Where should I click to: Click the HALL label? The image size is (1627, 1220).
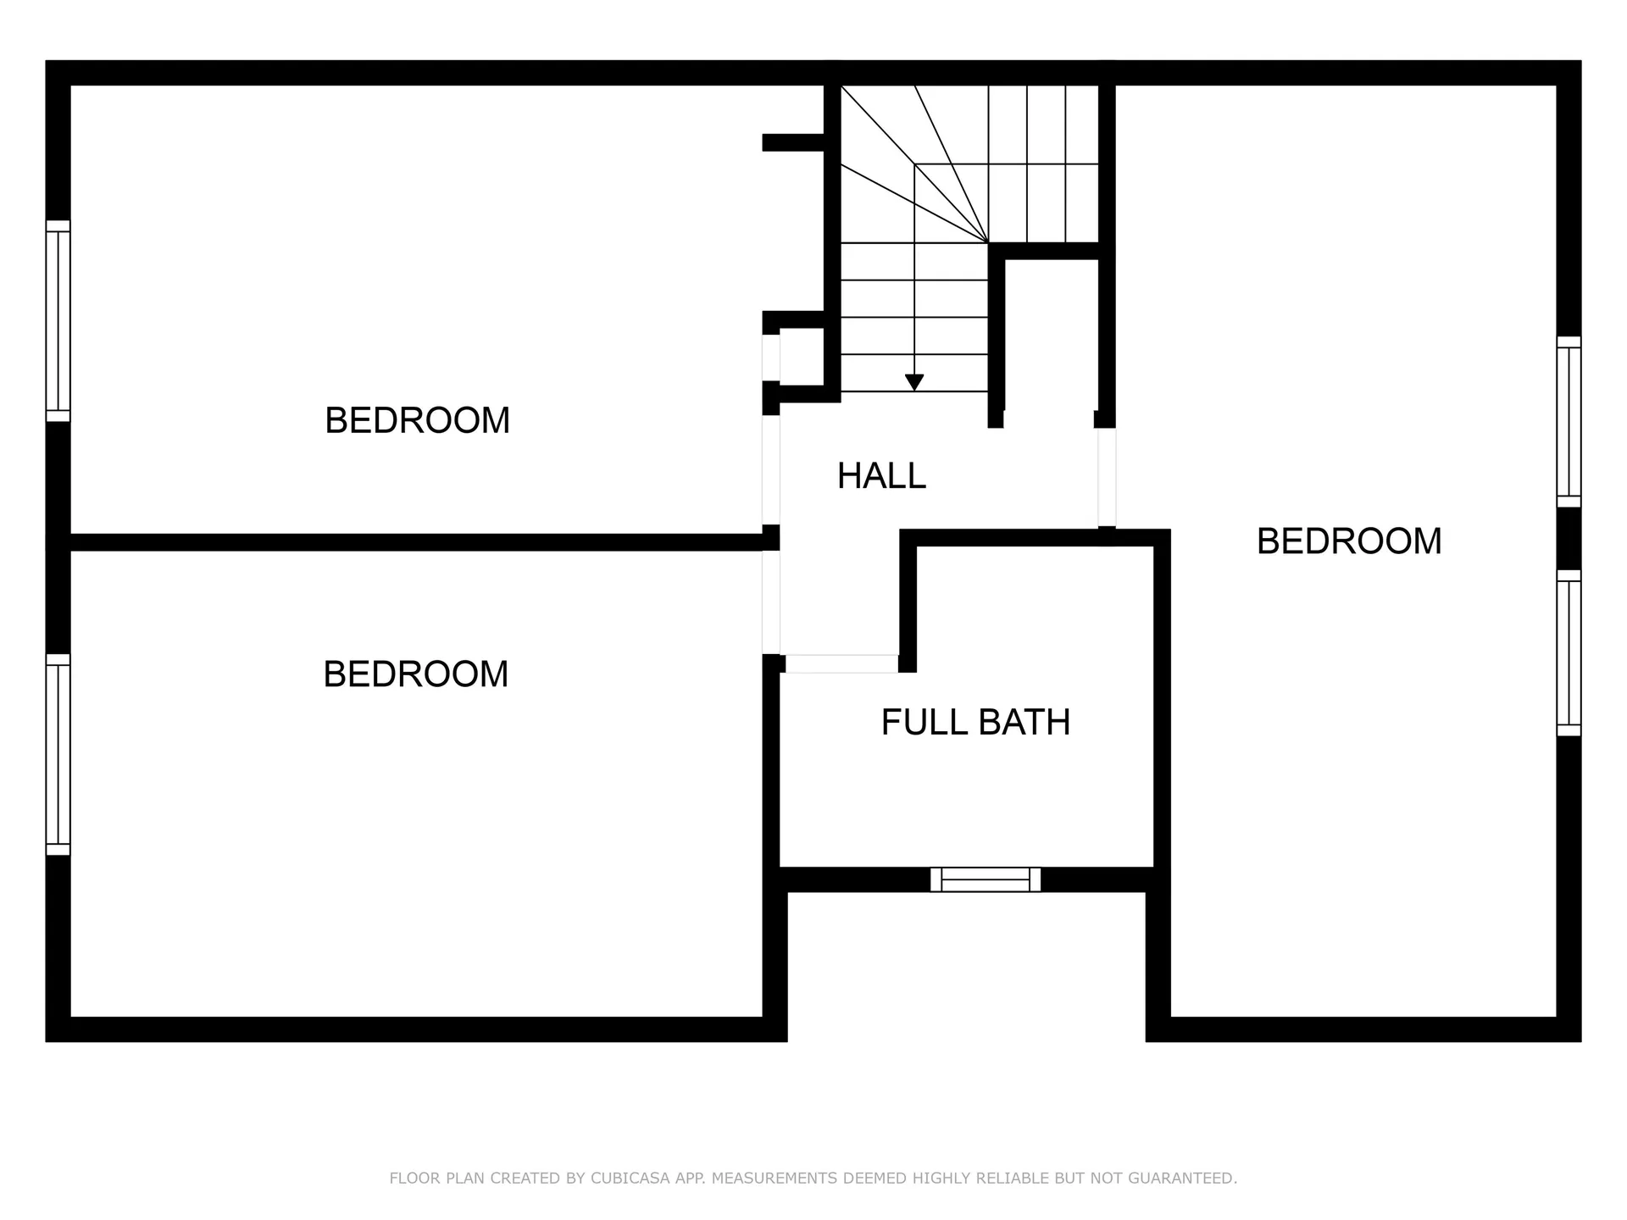[881, 476]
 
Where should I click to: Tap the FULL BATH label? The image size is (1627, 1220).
[975, 723]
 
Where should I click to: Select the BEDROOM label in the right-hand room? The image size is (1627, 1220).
[1348, 541]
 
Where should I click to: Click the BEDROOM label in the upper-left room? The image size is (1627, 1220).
[417, 421]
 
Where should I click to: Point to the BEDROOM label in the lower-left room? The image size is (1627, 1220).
[415, 674]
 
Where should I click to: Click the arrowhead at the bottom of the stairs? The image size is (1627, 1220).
[913, 383]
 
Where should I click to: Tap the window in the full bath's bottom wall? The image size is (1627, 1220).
[986, 879]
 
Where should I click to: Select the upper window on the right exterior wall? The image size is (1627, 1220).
[1569, 422]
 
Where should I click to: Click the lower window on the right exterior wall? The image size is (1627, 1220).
[1569, 652]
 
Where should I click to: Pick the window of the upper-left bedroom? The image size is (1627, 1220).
[58, 320]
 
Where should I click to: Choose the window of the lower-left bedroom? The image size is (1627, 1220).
[58, 754]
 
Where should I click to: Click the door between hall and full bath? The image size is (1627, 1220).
[841, 663]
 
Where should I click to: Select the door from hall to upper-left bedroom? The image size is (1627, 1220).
[770, 469]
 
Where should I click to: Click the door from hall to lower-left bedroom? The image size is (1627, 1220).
[770, 602]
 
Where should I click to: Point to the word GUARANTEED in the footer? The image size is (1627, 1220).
[1189, 1178]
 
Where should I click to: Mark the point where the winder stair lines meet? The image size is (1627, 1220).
[988, 243]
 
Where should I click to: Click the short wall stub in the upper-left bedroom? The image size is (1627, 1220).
[793, 142]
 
